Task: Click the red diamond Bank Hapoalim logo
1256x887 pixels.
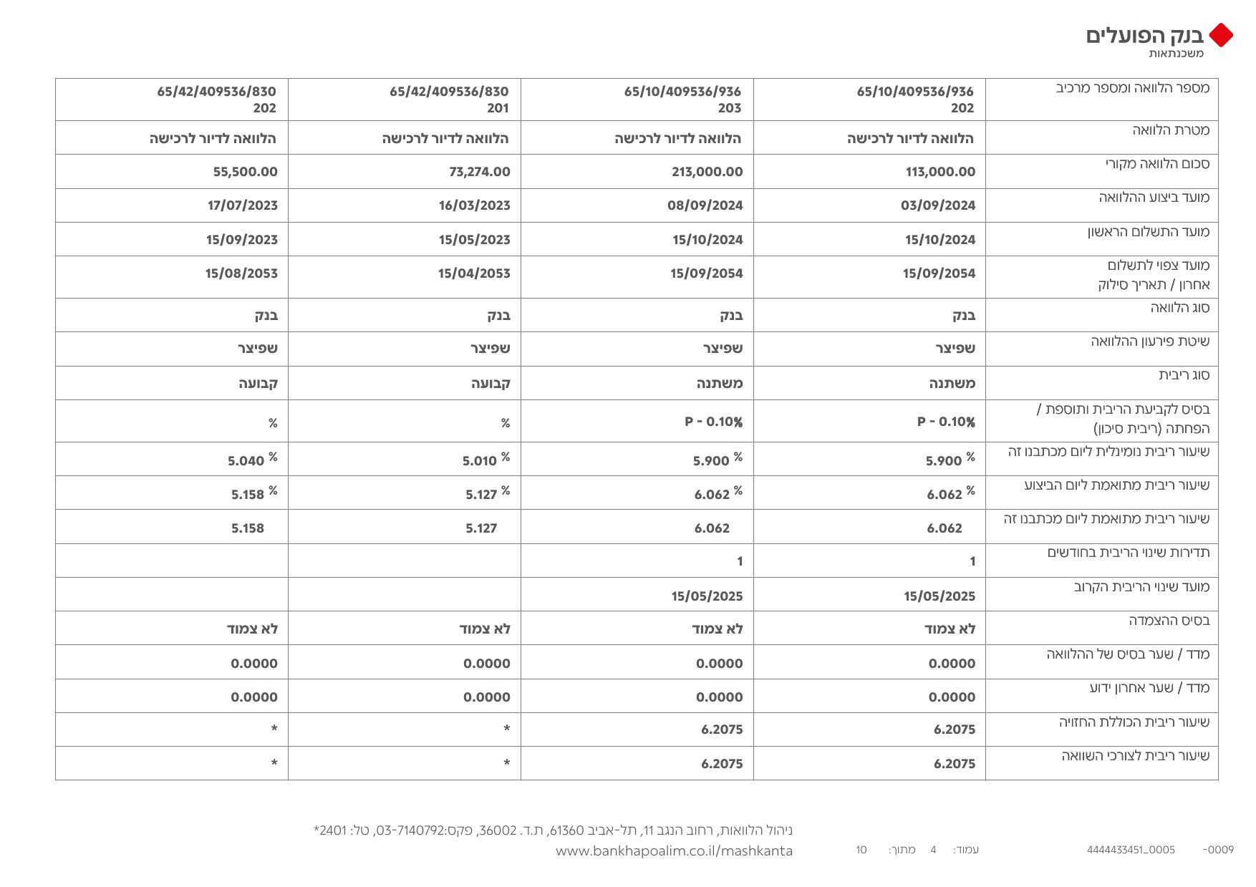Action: click(x=1220, y=35)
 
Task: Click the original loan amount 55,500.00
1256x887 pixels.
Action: click(x=245, y=172)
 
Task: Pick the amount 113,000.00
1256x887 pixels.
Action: click(x=940, y=172)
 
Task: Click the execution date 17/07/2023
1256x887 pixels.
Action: click(x=242, y=205)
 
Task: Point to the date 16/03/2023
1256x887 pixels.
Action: click(x=474, y=205)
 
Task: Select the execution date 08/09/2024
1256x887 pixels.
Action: click(x=705, y=205)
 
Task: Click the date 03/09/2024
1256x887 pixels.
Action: click(x=938, y=205)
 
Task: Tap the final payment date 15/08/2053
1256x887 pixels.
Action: click(x=241, y=273)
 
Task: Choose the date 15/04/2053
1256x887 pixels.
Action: click(x=474, y=273)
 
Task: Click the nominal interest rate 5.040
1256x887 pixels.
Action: click(x=246, y=461)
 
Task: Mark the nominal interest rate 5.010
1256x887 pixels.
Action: click(x=480, y=461)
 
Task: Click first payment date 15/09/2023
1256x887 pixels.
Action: click(x=242, y=240)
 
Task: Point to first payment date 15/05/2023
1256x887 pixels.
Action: click(x=475, y=240)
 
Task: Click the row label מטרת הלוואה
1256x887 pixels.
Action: click(x=1171, y=130)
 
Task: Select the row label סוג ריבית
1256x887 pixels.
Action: click(x=1184, y=375)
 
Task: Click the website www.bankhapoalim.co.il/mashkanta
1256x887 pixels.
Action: click(x=674, y=851)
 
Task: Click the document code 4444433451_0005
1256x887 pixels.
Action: click(x=1131, y=850)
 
